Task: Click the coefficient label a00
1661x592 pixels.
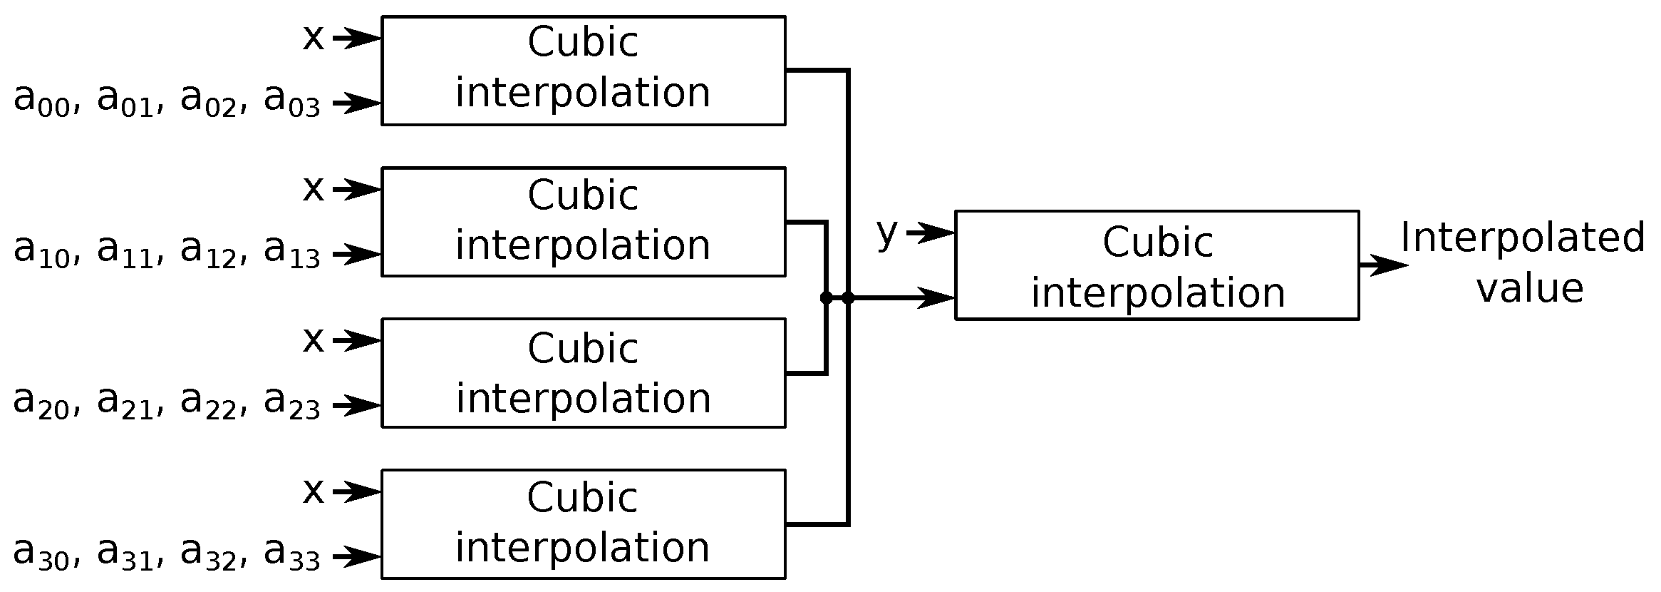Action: (41, 100)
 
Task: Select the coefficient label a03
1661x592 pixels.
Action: (291, 100)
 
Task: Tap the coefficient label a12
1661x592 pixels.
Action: (208, 251)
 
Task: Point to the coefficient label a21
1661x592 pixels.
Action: (125, 403)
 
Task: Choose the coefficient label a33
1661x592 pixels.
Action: (291, 554)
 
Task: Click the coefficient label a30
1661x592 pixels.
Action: (41, 554)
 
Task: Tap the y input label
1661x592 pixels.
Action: (886, 233)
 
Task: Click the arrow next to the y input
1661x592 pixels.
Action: (930, 233)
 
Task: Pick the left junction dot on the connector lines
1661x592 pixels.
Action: (826, 298)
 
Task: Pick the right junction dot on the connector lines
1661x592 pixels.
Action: (848, 298)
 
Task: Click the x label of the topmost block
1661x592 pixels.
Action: (313, 37)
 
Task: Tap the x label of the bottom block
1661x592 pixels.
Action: (313, 491)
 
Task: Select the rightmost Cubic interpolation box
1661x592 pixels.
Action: (1157, 265)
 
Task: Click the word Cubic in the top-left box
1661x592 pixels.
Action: (583, 43)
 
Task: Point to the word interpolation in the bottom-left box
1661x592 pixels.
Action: (583, 548)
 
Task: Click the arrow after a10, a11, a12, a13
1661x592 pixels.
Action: (356, 254)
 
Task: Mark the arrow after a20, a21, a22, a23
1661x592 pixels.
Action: (356, 406)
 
